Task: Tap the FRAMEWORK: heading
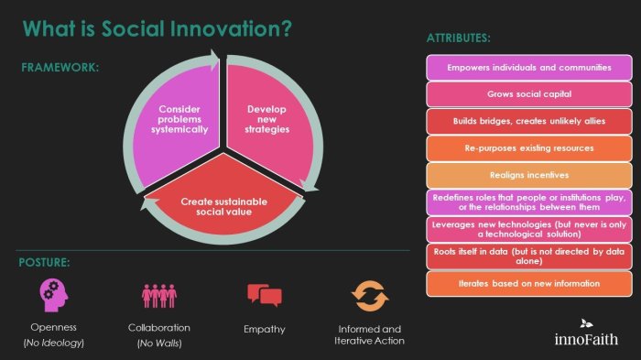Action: click(60, 68)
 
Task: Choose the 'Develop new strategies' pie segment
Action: click(267, 119)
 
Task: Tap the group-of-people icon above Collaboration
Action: click(158, 297)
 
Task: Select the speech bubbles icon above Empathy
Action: click(264, 296)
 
